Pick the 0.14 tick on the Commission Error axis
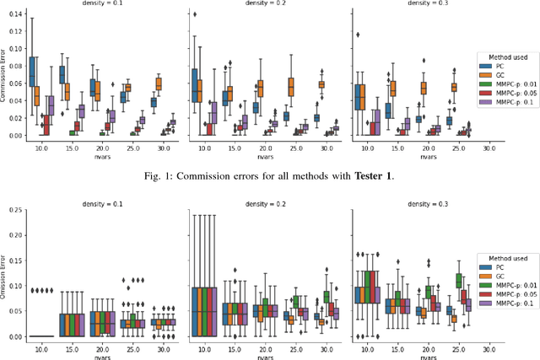[x=16, y=14]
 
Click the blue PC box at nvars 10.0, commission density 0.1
[x=32, y=72]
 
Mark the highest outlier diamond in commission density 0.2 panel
[x=195, y=14]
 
